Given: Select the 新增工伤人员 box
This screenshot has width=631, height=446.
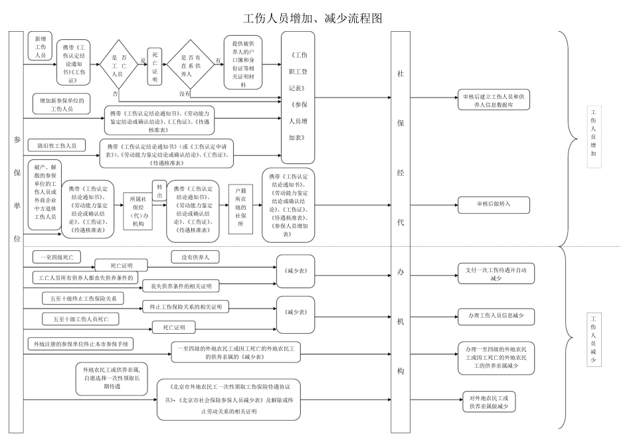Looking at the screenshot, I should (40, 47).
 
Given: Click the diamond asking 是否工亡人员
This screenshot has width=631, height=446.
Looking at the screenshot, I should (118, 65).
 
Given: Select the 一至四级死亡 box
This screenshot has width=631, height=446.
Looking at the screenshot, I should (60, 256).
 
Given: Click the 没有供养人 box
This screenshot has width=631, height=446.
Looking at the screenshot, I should (195, 256).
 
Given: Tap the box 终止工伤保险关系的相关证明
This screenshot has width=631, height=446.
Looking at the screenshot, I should (185, 307).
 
